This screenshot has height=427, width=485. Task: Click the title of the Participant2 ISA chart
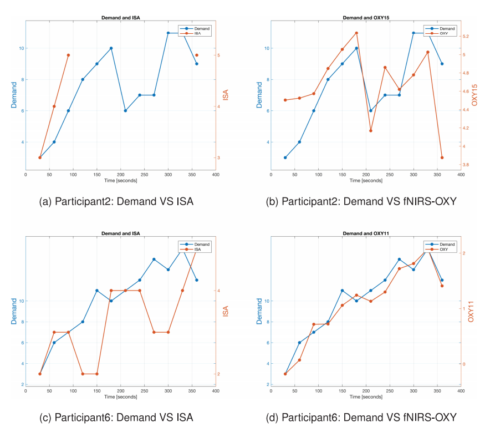(120, 18)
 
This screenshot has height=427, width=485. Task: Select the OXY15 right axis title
(474, 95)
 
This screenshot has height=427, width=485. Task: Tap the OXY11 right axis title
(471, 311)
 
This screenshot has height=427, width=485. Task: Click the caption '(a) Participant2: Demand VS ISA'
(116, 201)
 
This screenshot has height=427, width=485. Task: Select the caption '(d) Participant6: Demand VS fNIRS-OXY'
(365, 417)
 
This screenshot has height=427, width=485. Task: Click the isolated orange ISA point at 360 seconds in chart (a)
(197, 55)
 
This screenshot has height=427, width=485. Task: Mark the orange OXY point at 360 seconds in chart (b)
(442, 157)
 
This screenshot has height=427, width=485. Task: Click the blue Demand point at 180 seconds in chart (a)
(111, 48)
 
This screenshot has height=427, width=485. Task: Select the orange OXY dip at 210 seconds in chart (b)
(370, 131)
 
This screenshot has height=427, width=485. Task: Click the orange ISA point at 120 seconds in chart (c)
(83, 374)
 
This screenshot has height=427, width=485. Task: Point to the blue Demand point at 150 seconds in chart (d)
(342, 291)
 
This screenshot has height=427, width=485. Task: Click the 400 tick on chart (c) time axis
(216, 391)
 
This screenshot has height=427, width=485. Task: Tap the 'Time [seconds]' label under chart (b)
(365, 180)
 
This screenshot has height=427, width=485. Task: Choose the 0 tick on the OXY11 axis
(464, 364)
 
